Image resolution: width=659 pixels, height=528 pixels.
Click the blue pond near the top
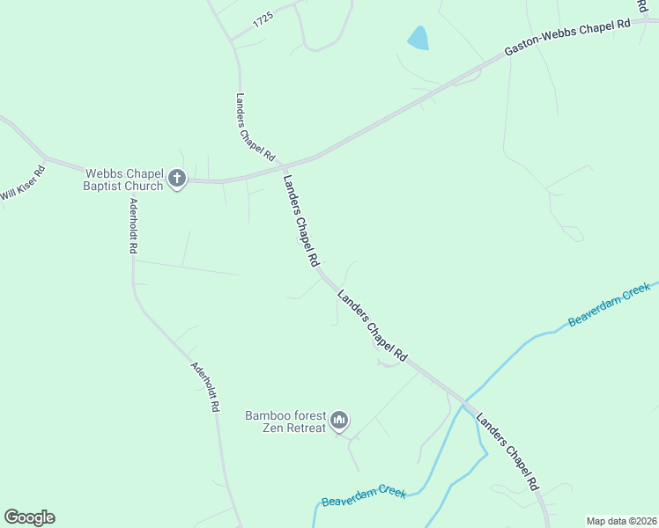coord(418,38)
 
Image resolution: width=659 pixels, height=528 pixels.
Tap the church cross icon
coord(176,180)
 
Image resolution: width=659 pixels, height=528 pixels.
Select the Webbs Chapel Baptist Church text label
coord(123,180)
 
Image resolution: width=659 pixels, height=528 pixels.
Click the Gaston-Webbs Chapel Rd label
coord(567,38)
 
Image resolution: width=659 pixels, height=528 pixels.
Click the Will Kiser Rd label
coord(22,182)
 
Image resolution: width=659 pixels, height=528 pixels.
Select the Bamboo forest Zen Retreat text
coord(285,421)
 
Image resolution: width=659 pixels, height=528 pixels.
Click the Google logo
coord(29,517)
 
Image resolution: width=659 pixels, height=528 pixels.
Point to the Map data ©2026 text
coord(621,521)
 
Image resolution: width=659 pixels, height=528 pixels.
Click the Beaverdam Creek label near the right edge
coord(609,304)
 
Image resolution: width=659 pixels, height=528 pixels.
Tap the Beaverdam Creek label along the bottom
coord(364,496)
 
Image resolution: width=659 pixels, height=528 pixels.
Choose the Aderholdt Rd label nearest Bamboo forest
coord(204,388)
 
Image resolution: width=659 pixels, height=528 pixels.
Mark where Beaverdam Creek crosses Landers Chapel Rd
coord(462,401)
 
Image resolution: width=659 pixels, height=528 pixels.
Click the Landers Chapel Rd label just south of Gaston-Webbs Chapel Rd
coord(300,221)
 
